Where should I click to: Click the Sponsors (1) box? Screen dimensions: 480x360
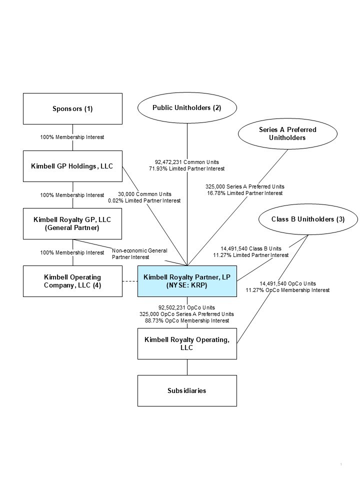(x=73, y=108)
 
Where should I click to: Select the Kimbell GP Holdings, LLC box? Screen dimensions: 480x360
(x=73, y=166)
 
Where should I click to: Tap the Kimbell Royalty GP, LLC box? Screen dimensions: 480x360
(x=73, y=223)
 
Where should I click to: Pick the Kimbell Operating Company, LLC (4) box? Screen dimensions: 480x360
(x=73, y=281)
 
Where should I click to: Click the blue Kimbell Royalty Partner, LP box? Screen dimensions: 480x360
(x=187, y=281)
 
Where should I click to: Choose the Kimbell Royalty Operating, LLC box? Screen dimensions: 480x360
(x=187, y=343)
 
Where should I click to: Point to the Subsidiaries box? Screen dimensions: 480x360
(x=187, y=390)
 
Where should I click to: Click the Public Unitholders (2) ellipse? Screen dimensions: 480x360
(x=187, y=107)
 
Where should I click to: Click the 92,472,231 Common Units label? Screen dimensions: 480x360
(x=187, y=162)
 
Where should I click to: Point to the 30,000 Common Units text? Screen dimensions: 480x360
(x=144, y=194)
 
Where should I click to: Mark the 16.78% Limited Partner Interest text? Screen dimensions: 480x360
(x=245, y=193)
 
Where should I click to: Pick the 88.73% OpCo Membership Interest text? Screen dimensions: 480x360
(x=187, y=320)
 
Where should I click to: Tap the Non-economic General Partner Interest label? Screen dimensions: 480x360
(x=139, y=253)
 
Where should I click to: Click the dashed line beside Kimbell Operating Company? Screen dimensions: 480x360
(x=130, y=281)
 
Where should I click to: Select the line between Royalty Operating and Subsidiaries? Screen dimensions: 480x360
(x=187, y=367)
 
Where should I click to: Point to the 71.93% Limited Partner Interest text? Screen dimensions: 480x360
(x=187, y=169)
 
